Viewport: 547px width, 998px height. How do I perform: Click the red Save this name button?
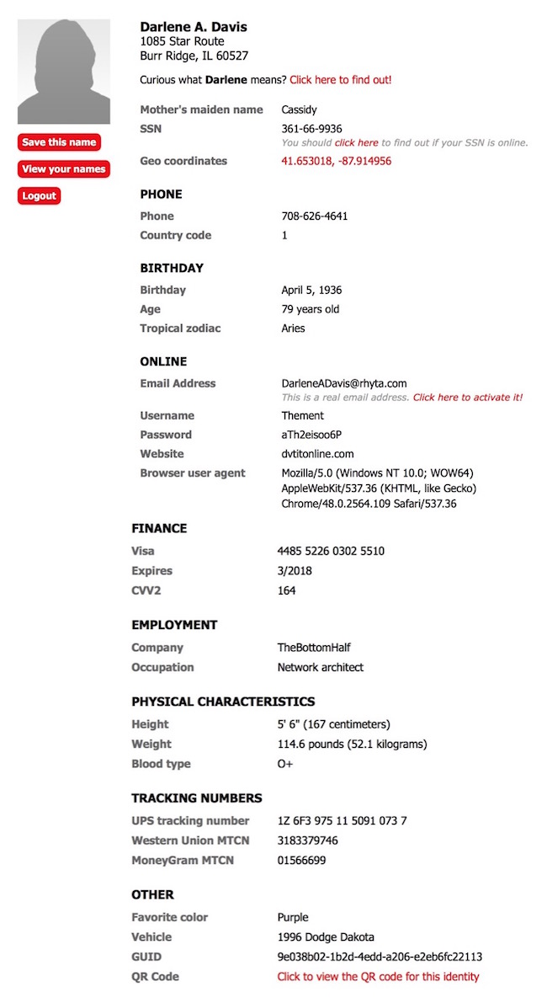point(59,142)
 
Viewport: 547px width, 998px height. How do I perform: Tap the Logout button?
point(39,196)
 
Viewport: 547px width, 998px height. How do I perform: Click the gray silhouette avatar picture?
point(64,72)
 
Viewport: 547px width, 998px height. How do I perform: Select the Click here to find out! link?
point(340,80)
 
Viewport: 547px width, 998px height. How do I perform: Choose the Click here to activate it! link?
point(467,398)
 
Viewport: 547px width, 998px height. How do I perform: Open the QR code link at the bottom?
point(378,977)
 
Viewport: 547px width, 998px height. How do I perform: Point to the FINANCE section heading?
point(159,529)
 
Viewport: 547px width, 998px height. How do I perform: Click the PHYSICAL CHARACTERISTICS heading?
point(223,702)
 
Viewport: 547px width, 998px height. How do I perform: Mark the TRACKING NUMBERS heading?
point(197,798)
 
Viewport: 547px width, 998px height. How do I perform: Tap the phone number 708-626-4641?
point(314,216)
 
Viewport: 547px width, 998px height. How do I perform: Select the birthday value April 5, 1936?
point(311,291)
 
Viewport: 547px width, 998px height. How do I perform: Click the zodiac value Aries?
point(293,328)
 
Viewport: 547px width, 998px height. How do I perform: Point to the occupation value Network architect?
point(321,668)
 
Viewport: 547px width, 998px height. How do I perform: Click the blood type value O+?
point(285,765)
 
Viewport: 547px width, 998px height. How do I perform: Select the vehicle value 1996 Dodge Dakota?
point(326,937)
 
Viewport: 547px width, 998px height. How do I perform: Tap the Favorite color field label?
point(169,917)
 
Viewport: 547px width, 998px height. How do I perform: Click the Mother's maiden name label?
point(201,109)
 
